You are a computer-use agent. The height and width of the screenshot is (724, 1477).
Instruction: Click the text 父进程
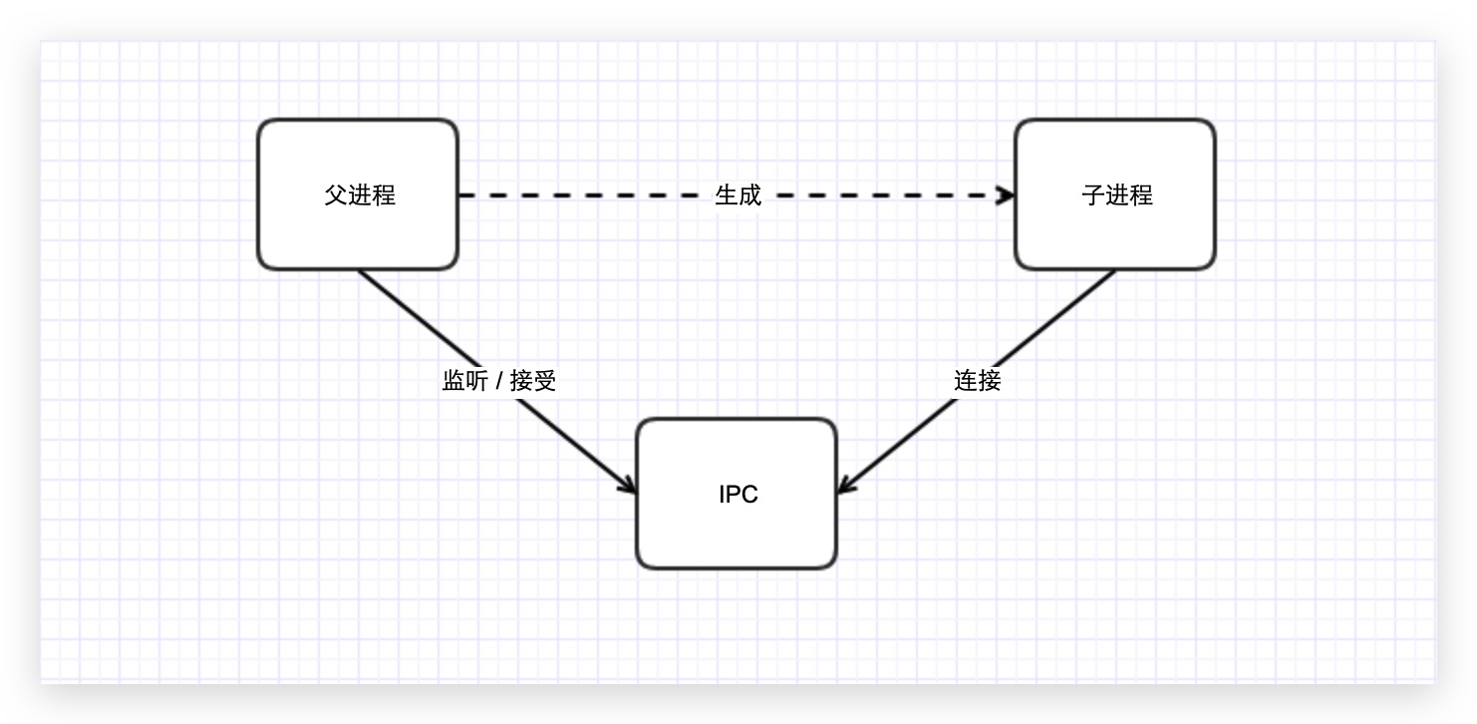360,195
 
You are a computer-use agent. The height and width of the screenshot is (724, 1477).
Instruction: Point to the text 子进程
1116,195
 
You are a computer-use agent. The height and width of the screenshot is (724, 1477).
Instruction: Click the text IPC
738,494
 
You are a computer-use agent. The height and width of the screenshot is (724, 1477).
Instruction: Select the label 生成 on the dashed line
738,195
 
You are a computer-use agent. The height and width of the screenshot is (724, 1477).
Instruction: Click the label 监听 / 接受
498,380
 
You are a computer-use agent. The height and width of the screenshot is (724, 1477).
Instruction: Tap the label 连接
977,380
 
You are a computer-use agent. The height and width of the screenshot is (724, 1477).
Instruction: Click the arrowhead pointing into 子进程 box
1007,195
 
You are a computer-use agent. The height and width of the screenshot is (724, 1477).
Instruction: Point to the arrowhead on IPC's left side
629,486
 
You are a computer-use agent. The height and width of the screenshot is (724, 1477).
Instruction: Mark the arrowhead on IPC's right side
845,486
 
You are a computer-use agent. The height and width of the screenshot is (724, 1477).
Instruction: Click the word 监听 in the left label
464,380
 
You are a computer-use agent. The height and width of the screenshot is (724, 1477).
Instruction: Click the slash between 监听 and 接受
498,381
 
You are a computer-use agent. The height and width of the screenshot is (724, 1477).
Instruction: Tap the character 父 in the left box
336,195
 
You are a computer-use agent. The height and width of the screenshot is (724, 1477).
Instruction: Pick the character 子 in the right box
1092,195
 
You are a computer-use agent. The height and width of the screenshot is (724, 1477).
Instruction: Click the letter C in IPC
749,494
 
